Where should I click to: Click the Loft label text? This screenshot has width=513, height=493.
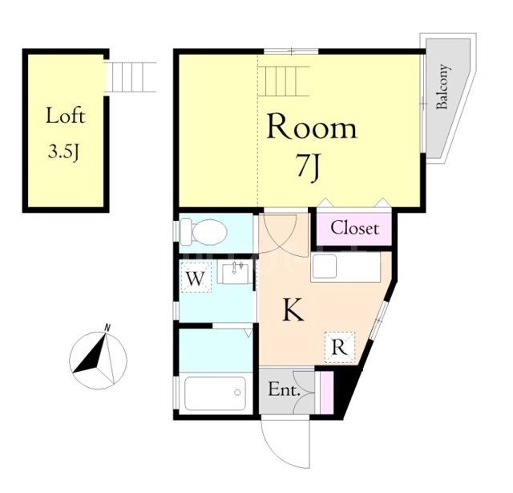tap(65, 116)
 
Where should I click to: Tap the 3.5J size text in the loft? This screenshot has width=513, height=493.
tap(65, 151)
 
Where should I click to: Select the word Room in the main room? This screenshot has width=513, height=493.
tap(311, 128)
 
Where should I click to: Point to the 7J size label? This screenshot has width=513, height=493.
tap(309, 168)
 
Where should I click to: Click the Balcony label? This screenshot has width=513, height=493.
tap(442, 88)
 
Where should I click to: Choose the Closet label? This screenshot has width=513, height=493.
tap(354, 228)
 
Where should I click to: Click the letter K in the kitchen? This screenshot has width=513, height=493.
tap(293, 311)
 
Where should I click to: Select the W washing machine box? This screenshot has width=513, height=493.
tap(194, 279)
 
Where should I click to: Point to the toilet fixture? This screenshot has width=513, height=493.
tap(203, 233)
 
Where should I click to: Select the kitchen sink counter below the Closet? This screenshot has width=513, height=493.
tap(346, 267)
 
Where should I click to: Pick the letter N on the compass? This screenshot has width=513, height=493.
tap(107, 327)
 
